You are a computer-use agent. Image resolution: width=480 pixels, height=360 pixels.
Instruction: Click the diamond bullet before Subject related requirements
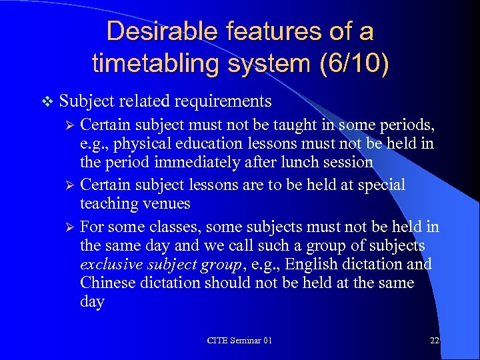tap(45, 101)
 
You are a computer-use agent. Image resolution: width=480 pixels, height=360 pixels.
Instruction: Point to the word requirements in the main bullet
tap(223, 101)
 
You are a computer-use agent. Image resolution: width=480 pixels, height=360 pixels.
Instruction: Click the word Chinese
tap(106, 283)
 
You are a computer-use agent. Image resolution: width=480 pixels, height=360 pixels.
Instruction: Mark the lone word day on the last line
tap(92, 302)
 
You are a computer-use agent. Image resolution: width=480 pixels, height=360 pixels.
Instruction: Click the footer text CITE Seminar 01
tap(239, 340)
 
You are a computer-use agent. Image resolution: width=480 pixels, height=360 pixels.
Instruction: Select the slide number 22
tap(435, 340)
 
